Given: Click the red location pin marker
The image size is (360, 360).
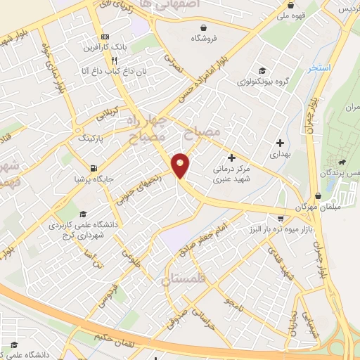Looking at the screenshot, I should click(181, 165).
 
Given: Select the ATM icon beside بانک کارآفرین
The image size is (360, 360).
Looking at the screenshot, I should click(105, 37).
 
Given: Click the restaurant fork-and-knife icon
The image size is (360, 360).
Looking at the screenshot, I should click(103, 61).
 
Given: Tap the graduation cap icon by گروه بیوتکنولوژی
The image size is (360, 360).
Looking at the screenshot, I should click(262, 70).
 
